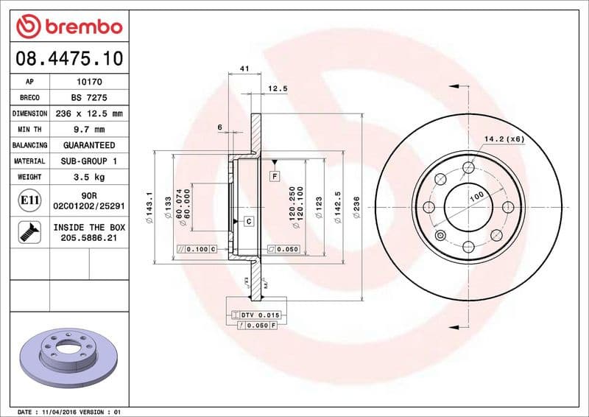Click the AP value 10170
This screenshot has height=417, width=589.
pyautogui.click(x=89, y=82)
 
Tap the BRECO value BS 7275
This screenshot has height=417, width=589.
pyautogui.click(x=89, y=97)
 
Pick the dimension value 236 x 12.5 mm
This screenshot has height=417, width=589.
pyautogui.click(x=89, y=113)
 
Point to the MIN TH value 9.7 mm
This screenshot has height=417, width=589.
pyautogui.click(x=89, y=130)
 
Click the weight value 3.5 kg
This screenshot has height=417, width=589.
pyautogui.click(x=89, y=177)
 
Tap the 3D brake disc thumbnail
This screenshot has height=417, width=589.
pyautogui.click(x=67, y=353)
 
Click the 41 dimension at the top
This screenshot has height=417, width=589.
pyautogui.click(x=244, y=69)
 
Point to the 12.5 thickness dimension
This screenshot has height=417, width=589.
pyautogui.click(x=277, y=88)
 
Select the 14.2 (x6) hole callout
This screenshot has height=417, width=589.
pyautogui.click(x=504, y=139)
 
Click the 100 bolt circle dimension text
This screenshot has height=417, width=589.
pyautogui.click(x=476, y=197)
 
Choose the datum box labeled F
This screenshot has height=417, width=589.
pyautogui.click(x=274, y=176)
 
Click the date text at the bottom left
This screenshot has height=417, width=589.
pyautogui.click(x=68, y=411)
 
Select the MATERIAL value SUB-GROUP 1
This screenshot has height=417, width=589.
pyautogui.click(x=89, y=161)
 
